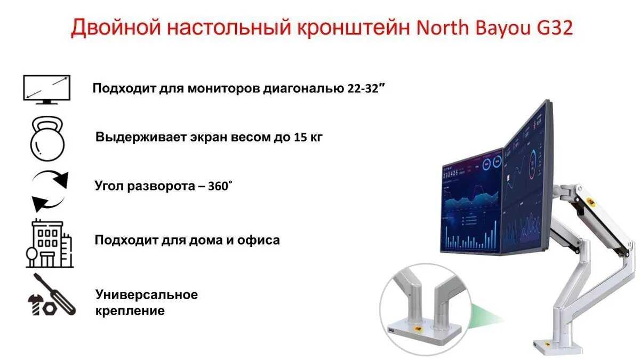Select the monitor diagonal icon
point(47,89)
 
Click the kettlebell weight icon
point(47,139)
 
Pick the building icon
point(50,243)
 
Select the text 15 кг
point(308,137)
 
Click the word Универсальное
point(147,294)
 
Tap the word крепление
point(130,311)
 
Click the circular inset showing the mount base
point(425,309)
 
